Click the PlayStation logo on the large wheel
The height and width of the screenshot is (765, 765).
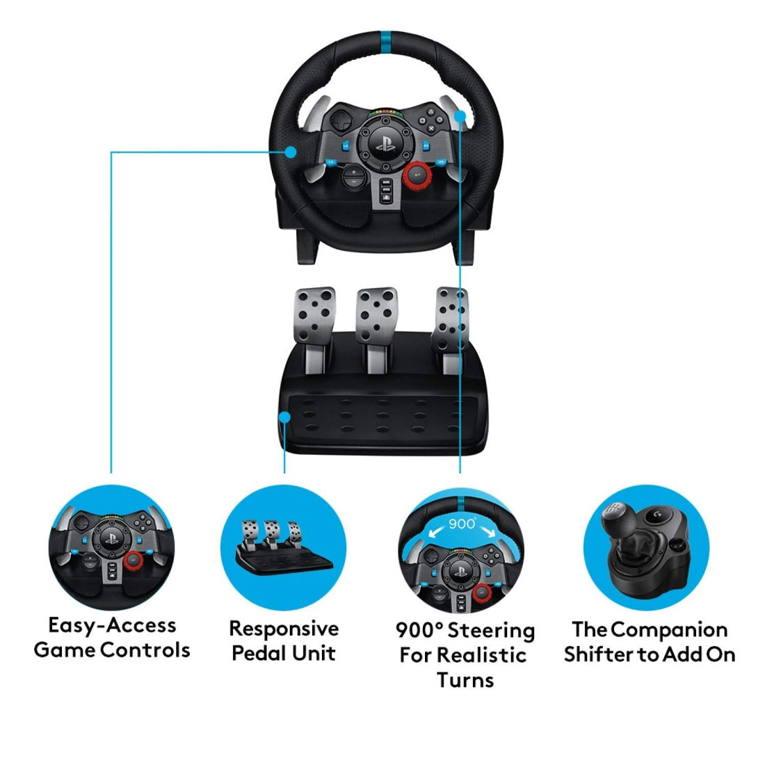[382, 146]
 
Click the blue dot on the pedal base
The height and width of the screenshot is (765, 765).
[285, 417]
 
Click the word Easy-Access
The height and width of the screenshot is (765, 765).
[112, 625]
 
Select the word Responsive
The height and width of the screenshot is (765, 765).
[284, 629]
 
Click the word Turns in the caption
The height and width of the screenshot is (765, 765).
[465, 679]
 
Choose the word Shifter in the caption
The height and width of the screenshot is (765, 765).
[601, 654]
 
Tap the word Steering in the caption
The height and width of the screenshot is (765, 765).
[491, 631]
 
